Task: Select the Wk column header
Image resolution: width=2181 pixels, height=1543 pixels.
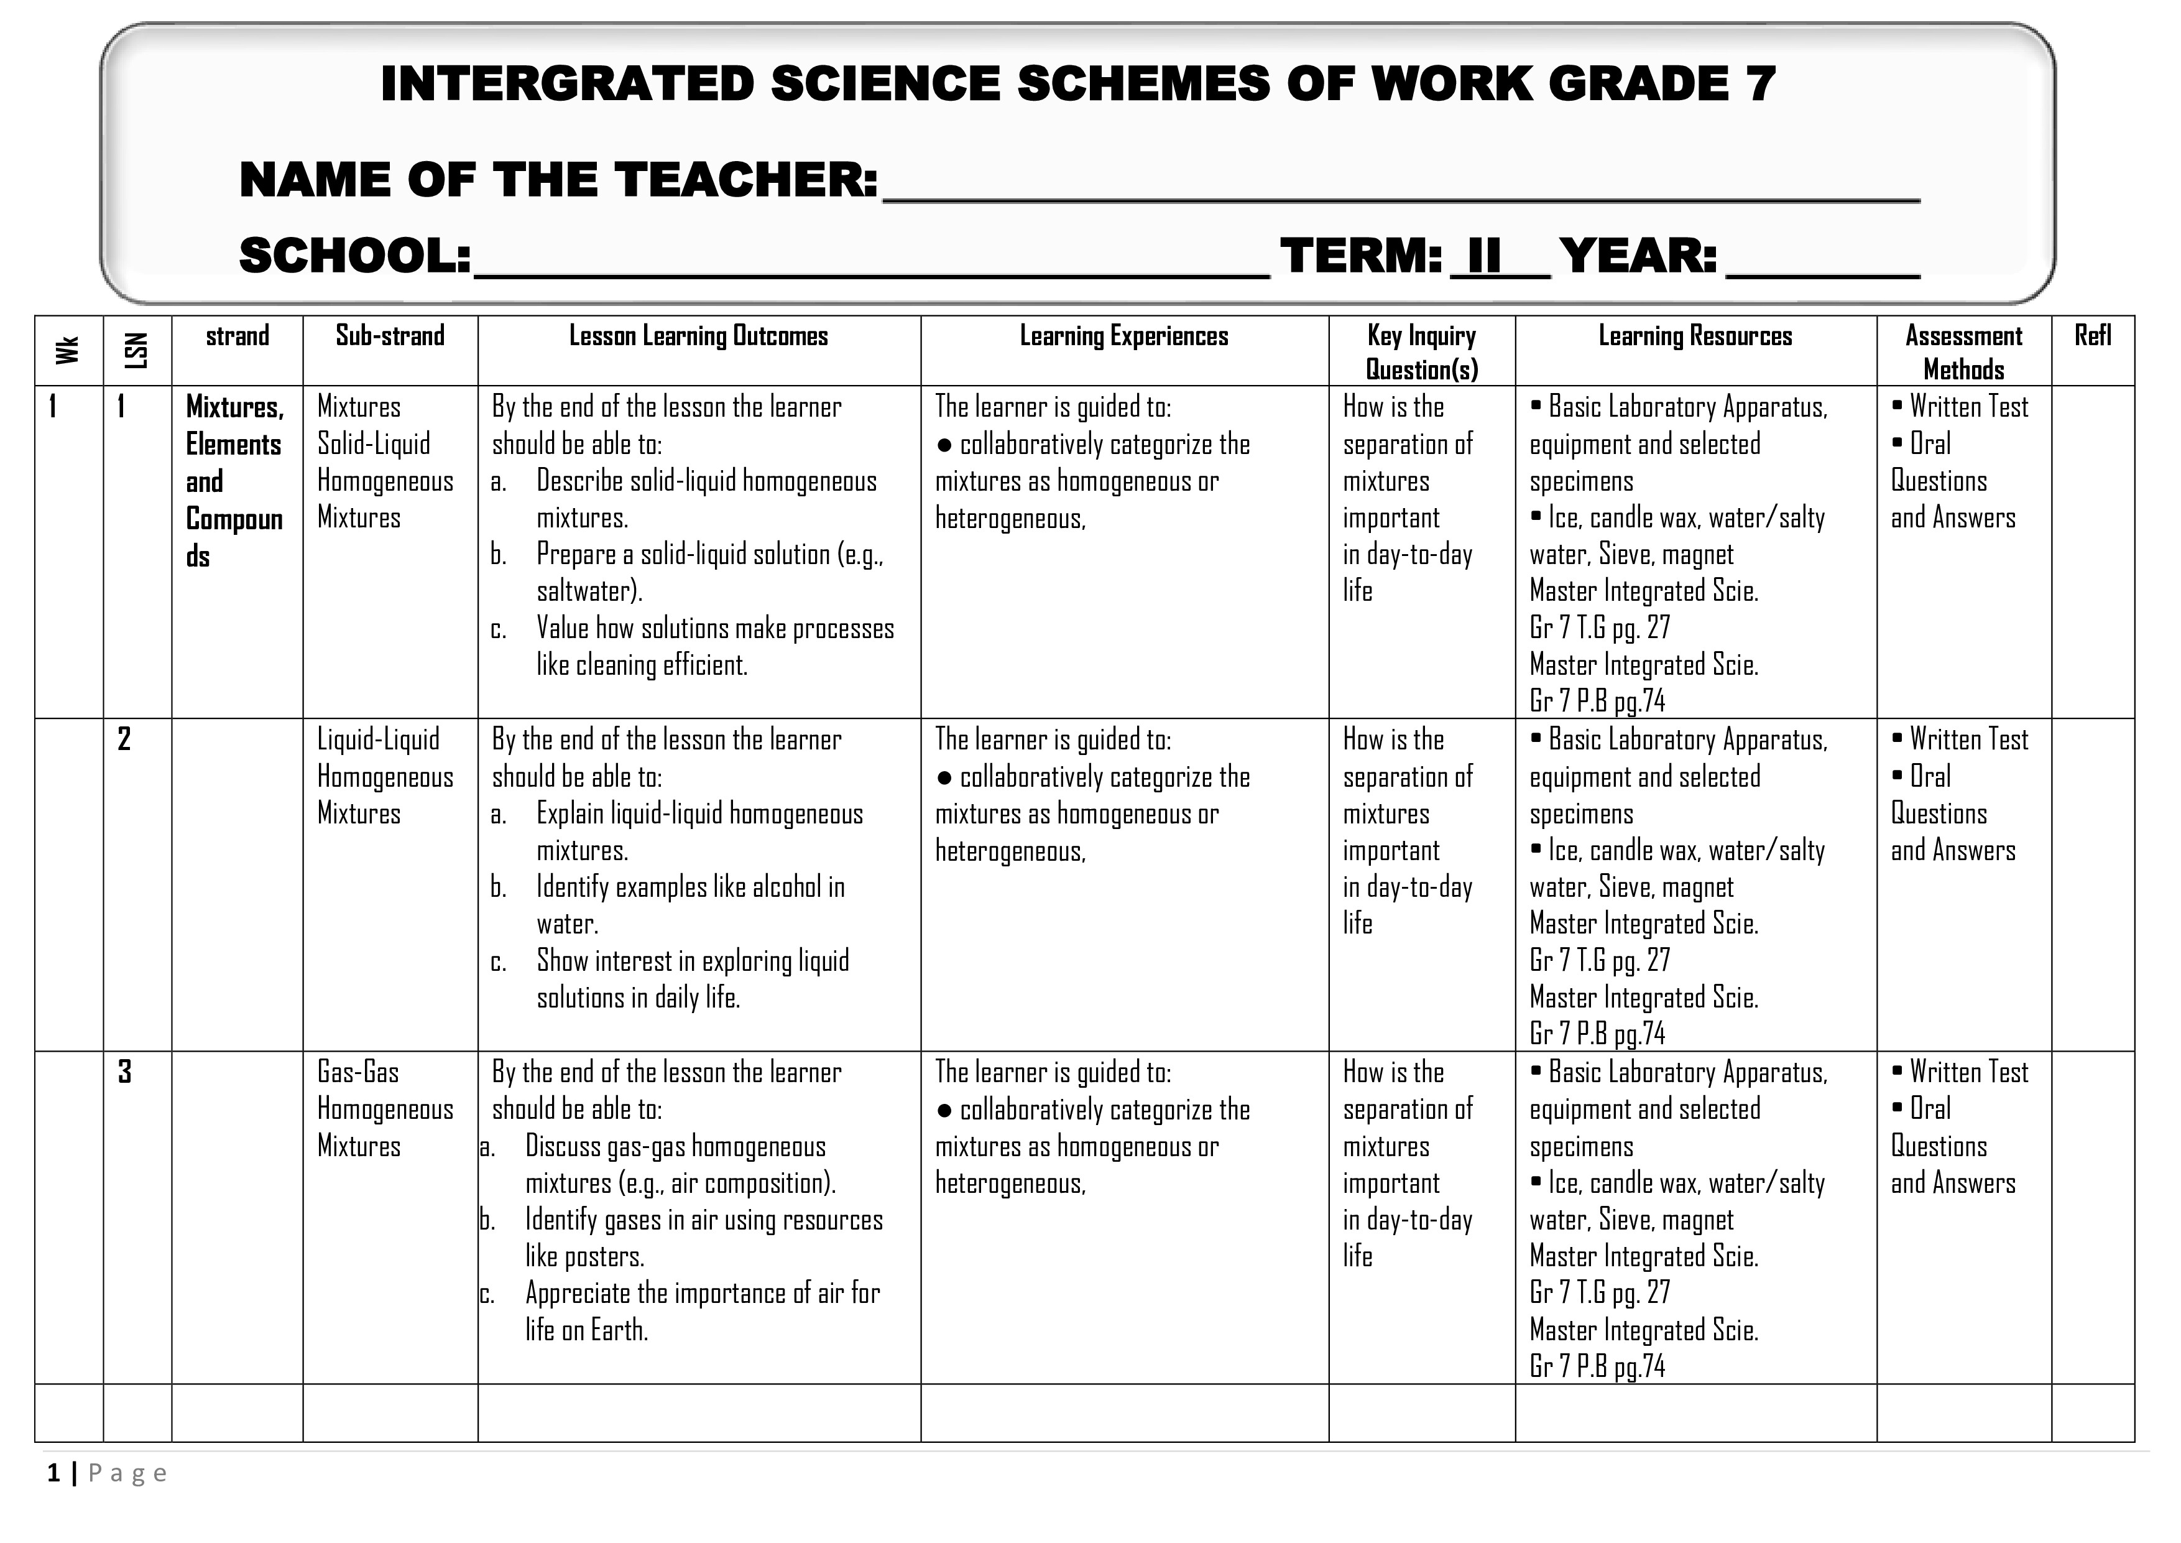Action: pos(67,351)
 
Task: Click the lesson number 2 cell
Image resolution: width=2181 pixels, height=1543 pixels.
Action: pos(124,739)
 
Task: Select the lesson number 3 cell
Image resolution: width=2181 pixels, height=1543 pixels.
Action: pos(124,1072)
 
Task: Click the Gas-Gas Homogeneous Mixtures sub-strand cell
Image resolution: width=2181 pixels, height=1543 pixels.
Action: pos(385,1109)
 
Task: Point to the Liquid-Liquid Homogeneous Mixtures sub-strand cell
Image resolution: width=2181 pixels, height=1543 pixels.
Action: pos(385,776)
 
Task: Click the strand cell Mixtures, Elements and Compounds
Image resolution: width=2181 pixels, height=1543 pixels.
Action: pos(234,482)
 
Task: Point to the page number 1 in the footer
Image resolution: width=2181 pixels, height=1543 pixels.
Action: pos(54,1473)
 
